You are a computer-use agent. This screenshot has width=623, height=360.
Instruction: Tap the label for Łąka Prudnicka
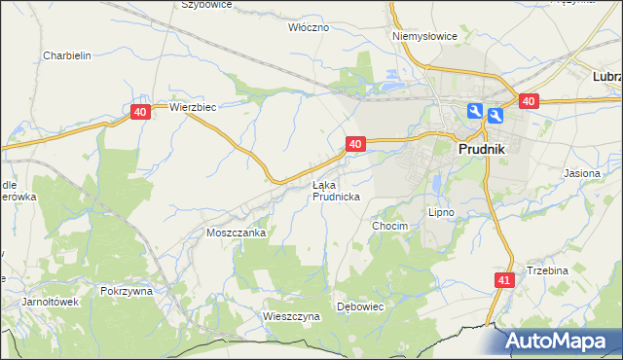(336, 191)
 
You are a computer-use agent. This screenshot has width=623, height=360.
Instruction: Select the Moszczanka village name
(236, 234)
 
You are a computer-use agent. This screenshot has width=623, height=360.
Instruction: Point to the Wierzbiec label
(192, 108)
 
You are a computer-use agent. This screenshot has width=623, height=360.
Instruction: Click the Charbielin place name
(67, 55)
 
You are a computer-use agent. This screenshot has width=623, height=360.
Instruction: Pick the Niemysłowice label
(424, 36)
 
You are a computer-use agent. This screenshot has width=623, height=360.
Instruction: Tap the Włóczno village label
(310, 28)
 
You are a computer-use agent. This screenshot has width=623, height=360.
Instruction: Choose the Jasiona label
(582, 173)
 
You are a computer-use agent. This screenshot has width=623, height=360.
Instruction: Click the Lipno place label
(442, 211)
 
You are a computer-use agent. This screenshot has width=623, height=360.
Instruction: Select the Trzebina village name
(547, 270)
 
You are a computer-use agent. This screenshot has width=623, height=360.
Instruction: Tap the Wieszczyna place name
(291, 316)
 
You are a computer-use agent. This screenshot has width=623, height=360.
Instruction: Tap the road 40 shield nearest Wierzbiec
(140, 113)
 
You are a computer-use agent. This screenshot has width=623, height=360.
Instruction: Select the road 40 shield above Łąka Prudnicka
(354, 144)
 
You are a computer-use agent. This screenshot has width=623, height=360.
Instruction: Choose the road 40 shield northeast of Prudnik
(529, 101)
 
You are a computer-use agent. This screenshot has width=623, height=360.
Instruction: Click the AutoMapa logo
(561, 342)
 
